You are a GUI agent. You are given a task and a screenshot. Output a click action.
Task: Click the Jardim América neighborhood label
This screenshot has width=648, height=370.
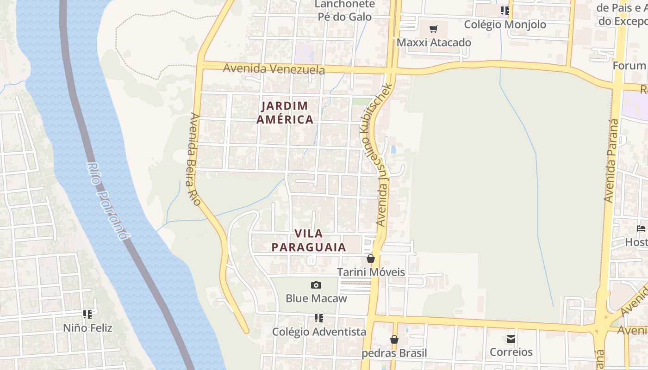tap(285, 112)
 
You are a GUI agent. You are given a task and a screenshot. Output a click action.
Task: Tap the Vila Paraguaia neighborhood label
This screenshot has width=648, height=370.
tap(309, 240)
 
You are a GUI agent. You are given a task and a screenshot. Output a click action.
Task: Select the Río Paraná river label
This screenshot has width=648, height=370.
tap(106, 201)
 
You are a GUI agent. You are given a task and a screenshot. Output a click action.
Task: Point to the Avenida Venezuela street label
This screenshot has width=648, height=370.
tap(274, 69)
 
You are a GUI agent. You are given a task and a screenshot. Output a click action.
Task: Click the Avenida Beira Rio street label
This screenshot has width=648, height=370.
tap(193, 159)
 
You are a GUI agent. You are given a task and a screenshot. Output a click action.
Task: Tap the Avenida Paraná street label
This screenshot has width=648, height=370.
tap(611, 160)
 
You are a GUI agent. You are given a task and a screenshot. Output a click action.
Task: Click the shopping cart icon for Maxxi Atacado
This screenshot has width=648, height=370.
tap(433, 30)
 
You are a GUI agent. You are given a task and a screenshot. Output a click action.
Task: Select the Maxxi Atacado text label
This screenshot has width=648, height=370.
tap(434, 43)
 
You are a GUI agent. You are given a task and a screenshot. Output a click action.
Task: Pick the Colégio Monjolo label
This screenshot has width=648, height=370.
tap(505, 25)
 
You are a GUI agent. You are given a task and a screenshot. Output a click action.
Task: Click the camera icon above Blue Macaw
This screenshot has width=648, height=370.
tap(316, 285)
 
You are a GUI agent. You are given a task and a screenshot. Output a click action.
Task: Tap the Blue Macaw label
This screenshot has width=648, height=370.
tap(316, 298)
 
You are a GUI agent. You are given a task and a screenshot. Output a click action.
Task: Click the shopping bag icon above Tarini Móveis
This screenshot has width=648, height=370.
tap(371, 259)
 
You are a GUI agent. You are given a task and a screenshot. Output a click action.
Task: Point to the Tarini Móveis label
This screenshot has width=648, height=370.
tap(371, 272)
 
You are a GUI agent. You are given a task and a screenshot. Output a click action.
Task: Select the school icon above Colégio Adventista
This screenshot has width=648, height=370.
tap(319, 318)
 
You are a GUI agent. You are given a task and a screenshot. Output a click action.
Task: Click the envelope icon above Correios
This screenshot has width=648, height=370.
tap(511, 339)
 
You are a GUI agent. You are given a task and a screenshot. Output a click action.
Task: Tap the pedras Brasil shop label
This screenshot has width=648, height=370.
tap(394, 353)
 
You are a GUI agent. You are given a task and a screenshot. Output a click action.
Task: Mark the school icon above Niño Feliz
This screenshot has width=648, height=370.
tap(87, 314)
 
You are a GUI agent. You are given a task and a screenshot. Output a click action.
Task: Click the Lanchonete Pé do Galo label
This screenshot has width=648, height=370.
tap(344, 10)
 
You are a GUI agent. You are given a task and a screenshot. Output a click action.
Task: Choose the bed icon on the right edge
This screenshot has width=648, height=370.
tap(641, 228)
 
